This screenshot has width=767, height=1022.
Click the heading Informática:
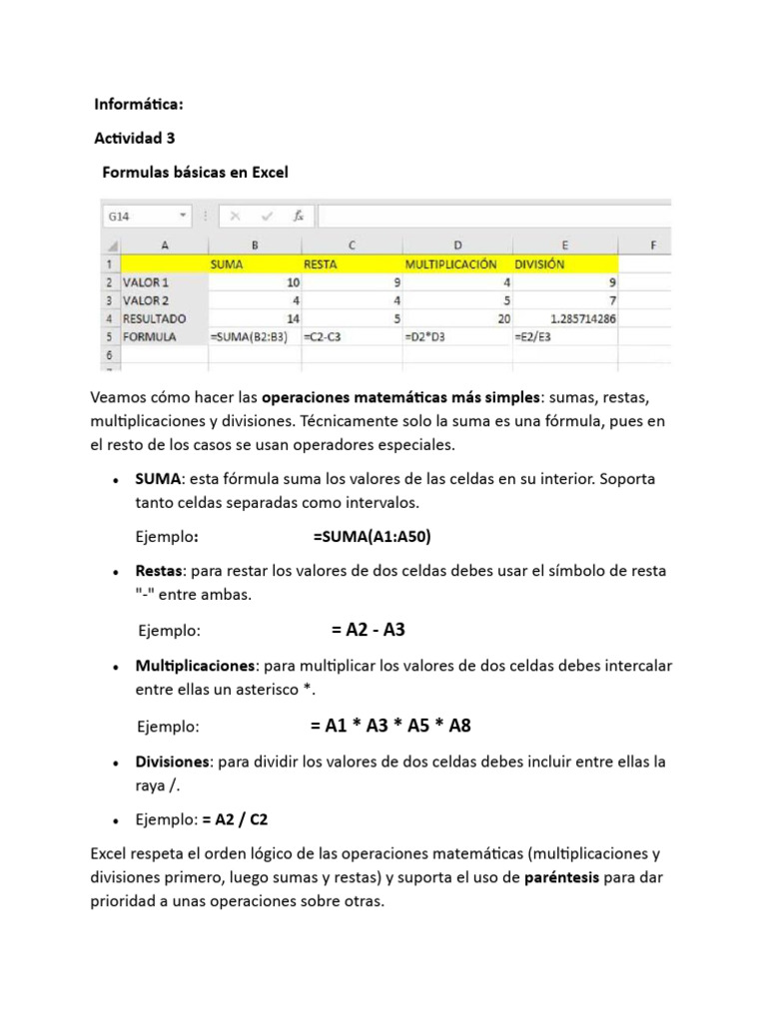pyautogui.click(x=139, y=104)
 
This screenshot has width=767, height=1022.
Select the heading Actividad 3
pyautogui.click(x=135, y=138)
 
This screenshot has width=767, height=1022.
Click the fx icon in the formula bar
pyautogui.click(x=298, y=216)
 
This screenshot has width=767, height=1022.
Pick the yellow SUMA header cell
pyautogui.click(x=255, y=264)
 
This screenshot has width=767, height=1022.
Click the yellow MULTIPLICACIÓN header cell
pyautogui.click(x=456, y=264)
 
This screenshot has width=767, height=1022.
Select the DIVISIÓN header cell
pyautogui.click(x=564, y=264)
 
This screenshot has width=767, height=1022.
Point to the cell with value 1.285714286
pyautogui.click(x=564, y=318)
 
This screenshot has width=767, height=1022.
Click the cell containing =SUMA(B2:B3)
pyautogui.click(x=255, y=336)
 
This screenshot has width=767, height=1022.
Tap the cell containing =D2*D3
pyautogui.click(x=456, y=336)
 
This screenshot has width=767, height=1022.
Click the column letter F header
pyautogui.click(x=652, y=245)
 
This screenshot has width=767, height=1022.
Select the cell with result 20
pyautogui.click(x=456, y=318)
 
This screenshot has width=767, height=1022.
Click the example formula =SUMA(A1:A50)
pyautogui.click(x=372, y=537)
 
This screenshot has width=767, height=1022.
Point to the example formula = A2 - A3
pyautogui.click(x=368, y=631)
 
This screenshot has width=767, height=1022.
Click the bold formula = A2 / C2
pyautogui.click(x=235, y=819)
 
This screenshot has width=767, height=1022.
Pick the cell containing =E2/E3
pyautogui.click(x=564, y=336)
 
